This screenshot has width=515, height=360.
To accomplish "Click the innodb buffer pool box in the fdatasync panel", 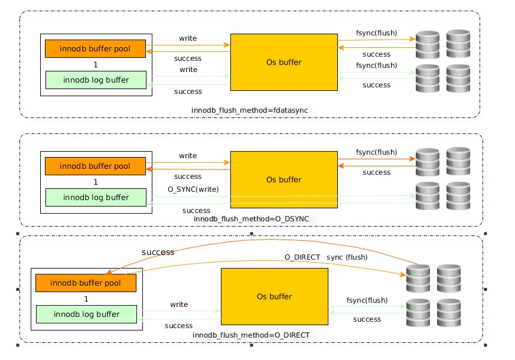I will (95, 48).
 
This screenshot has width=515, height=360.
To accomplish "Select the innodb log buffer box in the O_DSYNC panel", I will (96, 197).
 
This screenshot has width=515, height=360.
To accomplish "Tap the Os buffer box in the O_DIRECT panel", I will (275, 296).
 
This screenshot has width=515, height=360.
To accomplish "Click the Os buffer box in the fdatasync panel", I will (283, 62).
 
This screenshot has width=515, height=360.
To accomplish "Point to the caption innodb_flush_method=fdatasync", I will (250, 110).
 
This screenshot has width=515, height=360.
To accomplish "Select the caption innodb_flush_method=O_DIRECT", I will (251, 335).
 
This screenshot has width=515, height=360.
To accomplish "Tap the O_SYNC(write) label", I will (193, 189).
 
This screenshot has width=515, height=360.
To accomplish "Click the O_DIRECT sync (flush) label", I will (326, 257).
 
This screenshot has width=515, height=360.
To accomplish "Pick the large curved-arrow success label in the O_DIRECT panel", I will (158, 252).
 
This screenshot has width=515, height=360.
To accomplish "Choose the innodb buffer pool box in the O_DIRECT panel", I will (86, 283).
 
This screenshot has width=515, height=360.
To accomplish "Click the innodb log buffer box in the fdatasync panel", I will (96, 80).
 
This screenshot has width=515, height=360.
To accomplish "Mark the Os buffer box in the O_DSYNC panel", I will (283, 179).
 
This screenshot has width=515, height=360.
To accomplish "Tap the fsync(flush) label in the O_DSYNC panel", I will (377, 152).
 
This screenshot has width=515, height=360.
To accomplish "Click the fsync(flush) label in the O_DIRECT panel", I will (367, 300).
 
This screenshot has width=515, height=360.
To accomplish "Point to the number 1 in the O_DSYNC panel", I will (96, 182).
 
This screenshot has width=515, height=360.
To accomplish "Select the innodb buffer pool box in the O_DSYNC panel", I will (95, 166).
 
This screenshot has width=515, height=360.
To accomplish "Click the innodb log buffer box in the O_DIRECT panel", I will (86, 314).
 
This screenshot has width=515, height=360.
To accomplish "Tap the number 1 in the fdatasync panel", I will (96, 65).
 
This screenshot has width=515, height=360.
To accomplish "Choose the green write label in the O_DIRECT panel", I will (179, 305).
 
